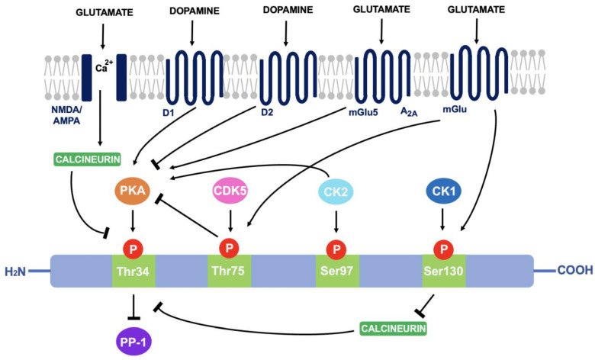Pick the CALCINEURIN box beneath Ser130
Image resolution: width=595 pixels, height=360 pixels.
[x=392, y=329]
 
